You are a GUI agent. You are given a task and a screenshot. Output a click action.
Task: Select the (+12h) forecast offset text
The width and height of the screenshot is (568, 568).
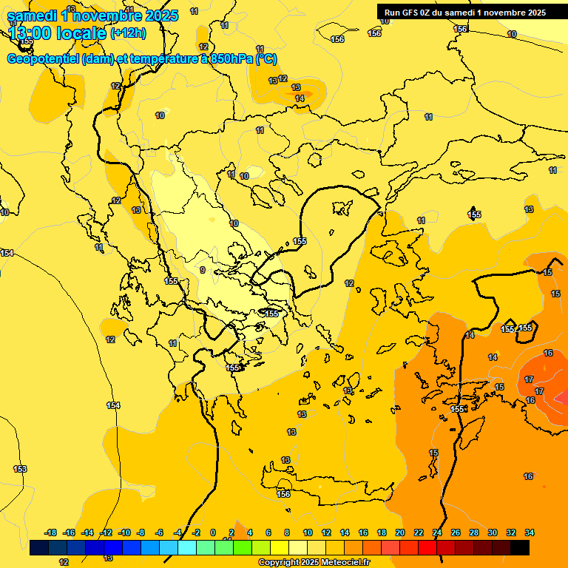128,33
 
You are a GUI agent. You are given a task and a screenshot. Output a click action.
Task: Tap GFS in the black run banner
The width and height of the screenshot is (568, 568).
413,12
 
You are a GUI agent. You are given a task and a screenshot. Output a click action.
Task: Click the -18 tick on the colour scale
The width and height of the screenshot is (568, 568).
50,532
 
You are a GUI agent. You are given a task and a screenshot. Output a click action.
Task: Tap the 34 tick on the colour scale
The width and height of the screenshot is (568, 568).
530,532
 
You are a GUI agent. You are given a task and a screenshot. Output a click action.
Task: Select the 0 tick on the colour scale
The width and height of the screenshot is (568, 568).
214,532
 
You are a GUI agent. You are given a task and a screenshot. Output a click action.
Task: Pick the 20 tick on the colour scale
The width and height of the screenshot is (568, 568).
400,532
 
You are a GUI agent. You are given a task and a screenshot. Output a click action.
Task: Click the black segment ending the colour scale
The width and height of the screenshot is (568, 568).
520,547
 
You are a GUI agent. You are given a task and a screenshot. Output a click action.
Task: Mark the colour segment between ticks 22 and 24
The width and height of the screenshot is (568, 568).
427,547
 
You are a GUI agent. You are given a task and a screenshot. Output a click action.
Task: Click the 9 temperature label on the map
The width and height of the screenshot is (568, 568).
203,270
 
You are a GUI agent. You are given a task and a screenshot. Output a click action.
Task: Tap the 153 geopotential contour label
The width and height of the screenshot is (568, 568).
20,469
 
